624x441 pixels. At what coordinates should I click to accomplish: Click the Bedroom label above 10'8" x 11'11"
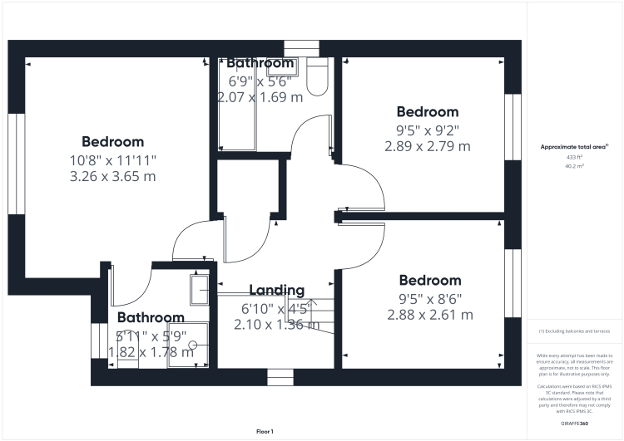(x=112, y=142)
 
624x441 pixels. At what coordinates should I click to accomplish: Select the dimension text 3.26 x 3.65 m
(x=112, y=176)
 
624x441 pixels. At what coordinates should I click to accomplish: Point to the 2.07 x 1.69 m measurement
(x=260, y=97)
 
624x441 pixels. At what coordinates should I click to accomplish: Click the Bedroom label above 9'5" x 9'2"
(x=427, y=112)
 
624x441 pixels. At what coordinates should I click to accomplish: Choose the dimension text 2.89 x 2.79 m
(x=427, y=146)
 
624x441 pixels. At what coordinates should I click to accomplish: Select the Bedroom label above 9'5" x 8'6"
(x=429, y=281)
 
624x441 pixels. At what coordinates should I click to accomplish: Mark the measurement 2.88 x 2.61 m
(x=429, y=315)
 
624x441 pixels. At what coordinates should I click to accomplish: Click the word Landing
(x=277, y=290)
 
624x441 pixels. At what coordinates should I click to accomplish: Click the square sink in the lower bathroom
(x=201, y=290)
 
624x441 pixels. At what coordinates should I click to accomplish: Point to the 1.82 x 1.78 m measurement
(x=151, y=351)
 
